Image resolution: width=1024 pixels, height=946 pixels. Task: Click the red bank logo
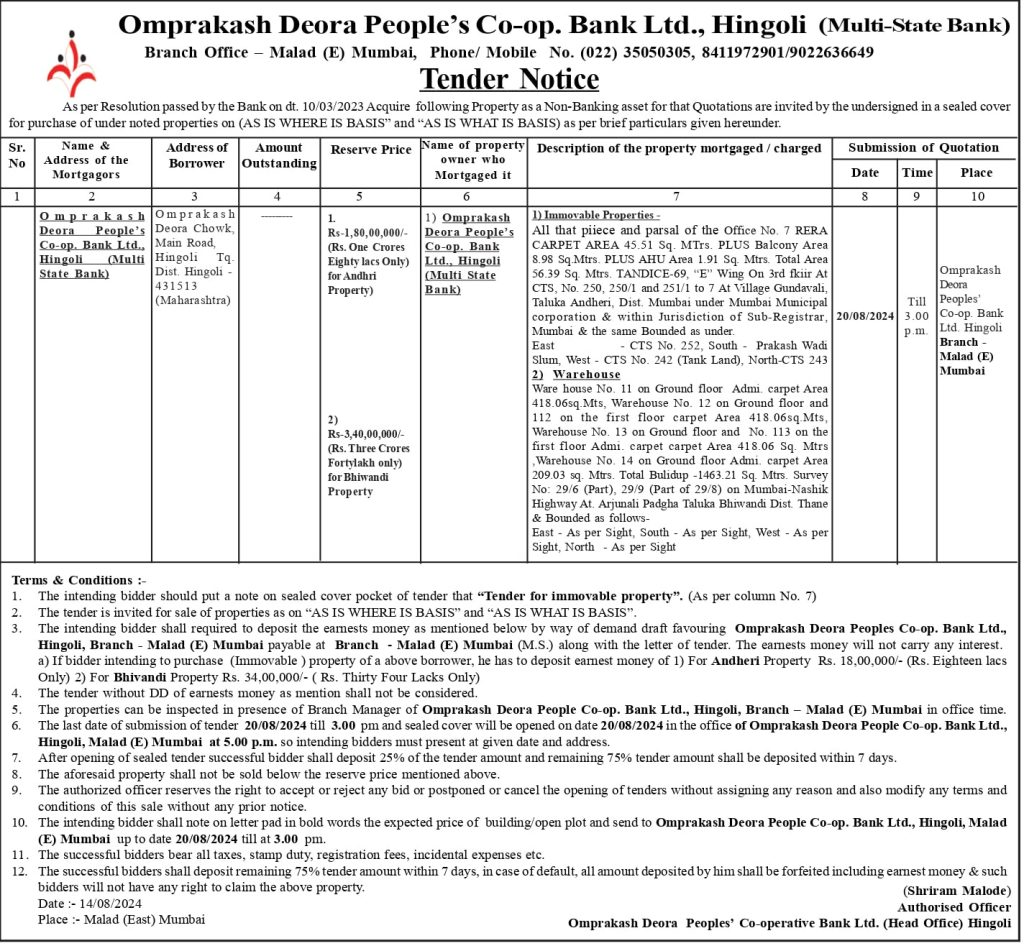point(70,63)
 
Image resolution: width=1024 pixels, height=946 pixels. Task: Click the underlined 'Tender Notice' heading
point(509,79)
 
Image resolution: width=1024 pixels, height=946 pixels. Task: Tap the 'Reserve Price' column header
point(370,150)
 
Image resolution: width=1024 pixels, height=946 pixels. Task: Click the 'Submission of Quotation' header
point(923,148)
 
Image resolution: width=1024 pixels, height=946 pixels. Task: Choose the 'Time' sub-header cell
point(917,173)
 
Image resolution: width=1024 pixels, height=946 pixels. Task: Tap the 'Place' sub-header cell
point(976,173)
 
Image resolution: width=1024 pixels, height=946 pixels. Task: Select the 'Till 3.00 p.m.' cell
point(917,315)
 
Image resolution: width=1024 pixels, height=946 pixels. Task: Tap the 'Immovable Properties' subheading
point(596,216)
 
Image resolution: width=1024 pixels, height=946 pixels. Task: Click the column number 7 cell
point(677,195)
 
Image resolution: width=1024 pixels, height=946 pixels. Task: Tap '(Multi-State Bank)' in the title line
point(915,24)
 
